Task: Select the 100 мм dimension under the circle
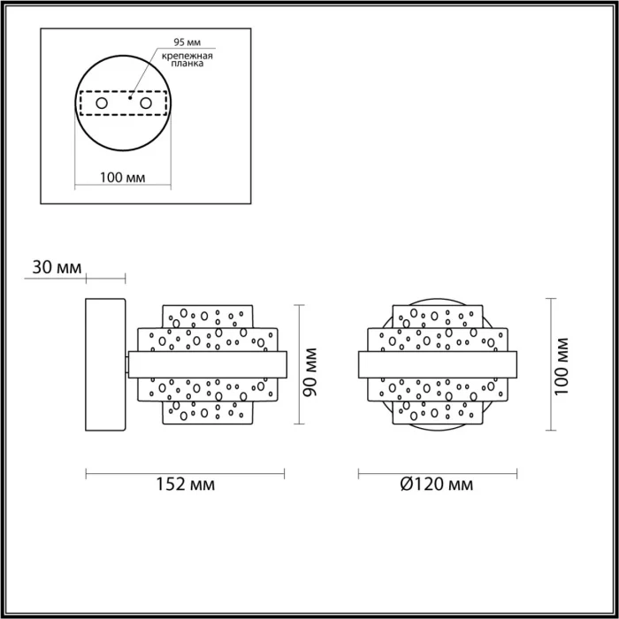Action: tap(123, 178)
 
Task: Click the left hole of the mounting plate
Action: tap(103, 104)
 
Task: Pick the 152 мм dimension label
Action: tap(185, 485)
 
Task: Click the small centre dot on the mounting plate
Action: tap(130, 99)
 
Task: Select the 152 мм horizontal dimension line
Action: tap(186, 471)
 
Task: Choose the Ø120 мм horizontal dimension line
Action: tap(437, 471)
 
